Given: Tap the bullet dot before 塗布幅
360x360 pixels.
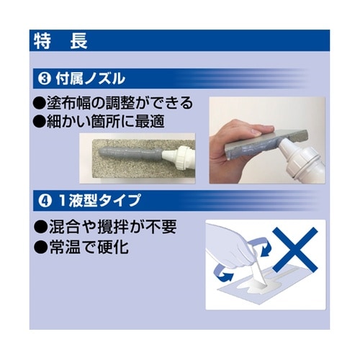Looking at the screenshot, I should pos(40,102).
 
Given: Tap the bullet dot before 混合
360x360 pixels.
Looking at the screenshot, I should pos(40,227).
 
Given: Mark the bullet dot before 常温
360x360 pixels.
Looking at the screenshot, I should pos(40,246).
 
